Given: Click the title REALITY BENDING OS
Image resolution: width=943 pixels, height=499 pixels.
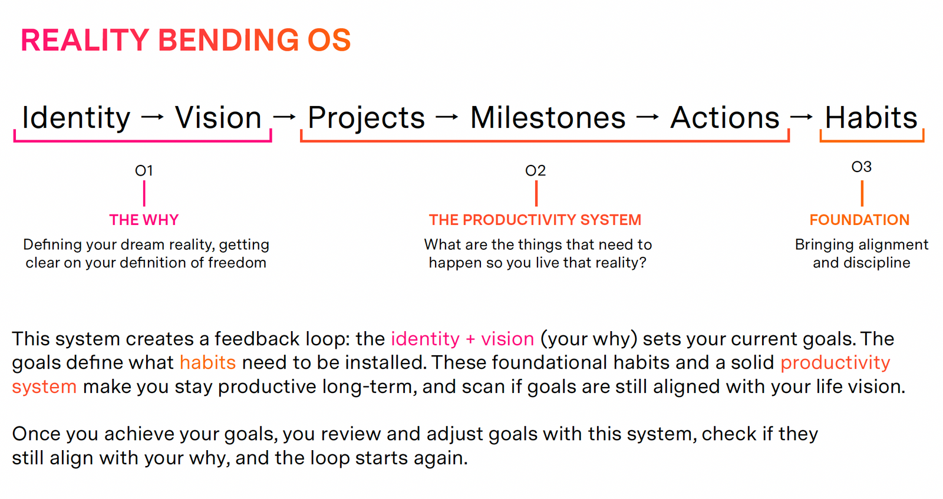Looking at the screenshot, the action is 186,41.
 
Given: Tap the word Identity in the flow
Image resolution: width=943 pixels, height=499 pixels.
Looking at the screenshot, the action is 76,117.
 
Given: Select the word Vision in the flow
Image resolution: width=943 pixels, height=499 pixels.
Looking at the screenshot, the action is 218,117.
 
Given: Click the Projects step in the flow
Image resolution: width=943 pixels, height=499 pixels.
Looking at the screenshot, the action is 366,118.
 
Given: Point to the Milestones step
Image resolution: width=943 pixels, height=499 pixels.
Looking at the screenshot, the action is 548,117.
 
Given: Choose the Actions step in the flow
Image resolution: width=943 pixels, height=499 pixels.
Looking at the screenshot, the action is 725,117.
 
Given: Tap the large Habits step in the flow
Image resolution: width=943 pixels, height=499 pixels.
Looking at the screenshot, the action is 871,117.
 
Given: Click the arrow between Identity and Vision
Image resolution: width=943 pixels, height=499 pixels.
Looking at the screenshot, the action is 153,117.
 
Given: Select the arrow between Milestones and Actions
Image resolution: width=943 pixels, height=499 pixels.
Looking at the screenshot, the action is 648,117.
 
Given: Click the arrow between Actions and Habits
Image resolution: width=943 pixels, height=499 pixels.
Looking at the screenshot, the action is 802,117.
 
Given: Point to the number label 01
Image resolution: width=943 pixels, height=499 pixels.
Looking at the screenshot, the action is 144,171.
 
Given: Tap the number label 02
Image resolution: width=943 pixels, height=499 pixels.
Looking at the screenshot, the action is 536,171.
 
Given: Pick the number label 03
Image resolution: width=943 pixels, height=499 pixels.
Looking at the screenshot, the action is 861,167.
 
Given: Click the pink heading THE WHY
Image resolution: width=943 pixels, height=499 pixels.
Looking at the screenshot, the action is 144,220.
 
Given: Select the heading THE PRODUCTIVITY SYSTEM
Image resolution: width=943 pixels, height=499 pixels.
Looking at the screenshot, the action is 535,220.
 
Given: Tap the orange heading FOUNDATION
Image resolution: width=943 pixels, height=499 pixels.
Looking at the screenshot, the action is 860,220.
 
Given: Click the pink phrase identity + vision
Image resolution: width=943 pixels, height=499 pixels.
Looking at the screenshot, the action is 463,339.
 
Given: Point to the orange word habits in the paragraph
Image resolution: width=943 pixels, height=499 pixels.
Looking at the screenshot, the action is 208,363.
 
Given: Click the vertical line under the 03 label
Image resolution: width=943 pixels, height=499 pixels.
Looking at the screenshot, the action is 862,194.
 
